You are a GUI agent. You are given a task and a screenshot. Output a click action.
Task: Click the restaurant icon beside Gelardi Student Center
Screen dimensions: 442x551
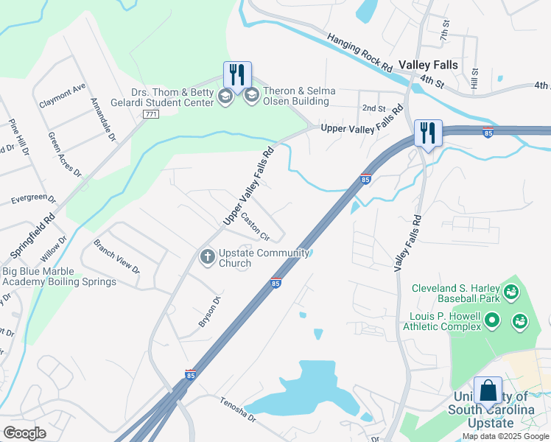pyautogui.click(x=237, y=74)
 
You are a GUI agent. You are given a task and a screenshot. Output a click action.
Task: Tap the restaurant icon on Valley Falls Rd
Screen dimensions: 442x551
pyautogui.click(x=428, y=133)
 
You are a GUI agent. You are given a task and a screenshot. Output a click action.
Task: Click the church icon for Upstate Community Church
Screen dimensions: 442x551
pyautogui.click(x=208, y=256)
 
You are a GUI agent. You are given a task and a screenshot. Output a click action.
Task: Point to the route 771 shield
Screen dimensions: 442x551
pyautogui.click(x=151, y=114)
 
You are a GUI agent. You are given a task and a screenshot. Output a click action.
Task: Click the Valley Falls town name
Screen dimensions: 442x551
pyautogui.click(x=428, y=65)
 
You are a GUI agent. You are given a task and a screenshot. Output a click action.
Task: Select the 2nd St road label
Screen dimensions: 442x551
pyautogui.click(x=373, y=108)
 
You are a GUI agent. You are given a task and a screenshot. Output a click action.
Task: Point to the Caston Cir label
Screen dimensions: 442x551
pyautogui.click(x=256, y=228)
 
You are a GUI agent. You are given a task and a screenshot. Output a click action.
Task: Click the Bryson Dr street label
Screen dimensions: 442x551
pyautogui.click(x=209, y=312)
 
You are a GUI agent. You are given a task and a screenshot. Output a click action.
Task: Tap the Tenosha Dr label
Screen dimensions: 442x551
pyautogui.click(x=238, y=410)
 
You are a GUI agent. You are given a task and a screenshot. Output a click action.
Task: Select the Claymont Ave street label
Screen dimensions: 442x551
pyautogui.click(x=63, y=94)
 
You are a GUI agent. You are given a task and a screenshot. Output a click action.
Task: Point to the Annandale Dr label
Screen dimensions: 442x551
pyautogui.click(x=102, y=122)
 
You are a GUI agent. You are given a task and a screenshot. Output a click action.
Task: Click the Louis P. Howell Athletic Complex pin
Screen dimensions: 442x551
pyautogui.click(x=493, y=320)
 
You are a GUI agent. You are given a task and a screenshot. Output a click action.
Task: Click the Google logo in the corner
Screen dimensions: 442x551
pyautogui.click(x=24, y=433)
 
